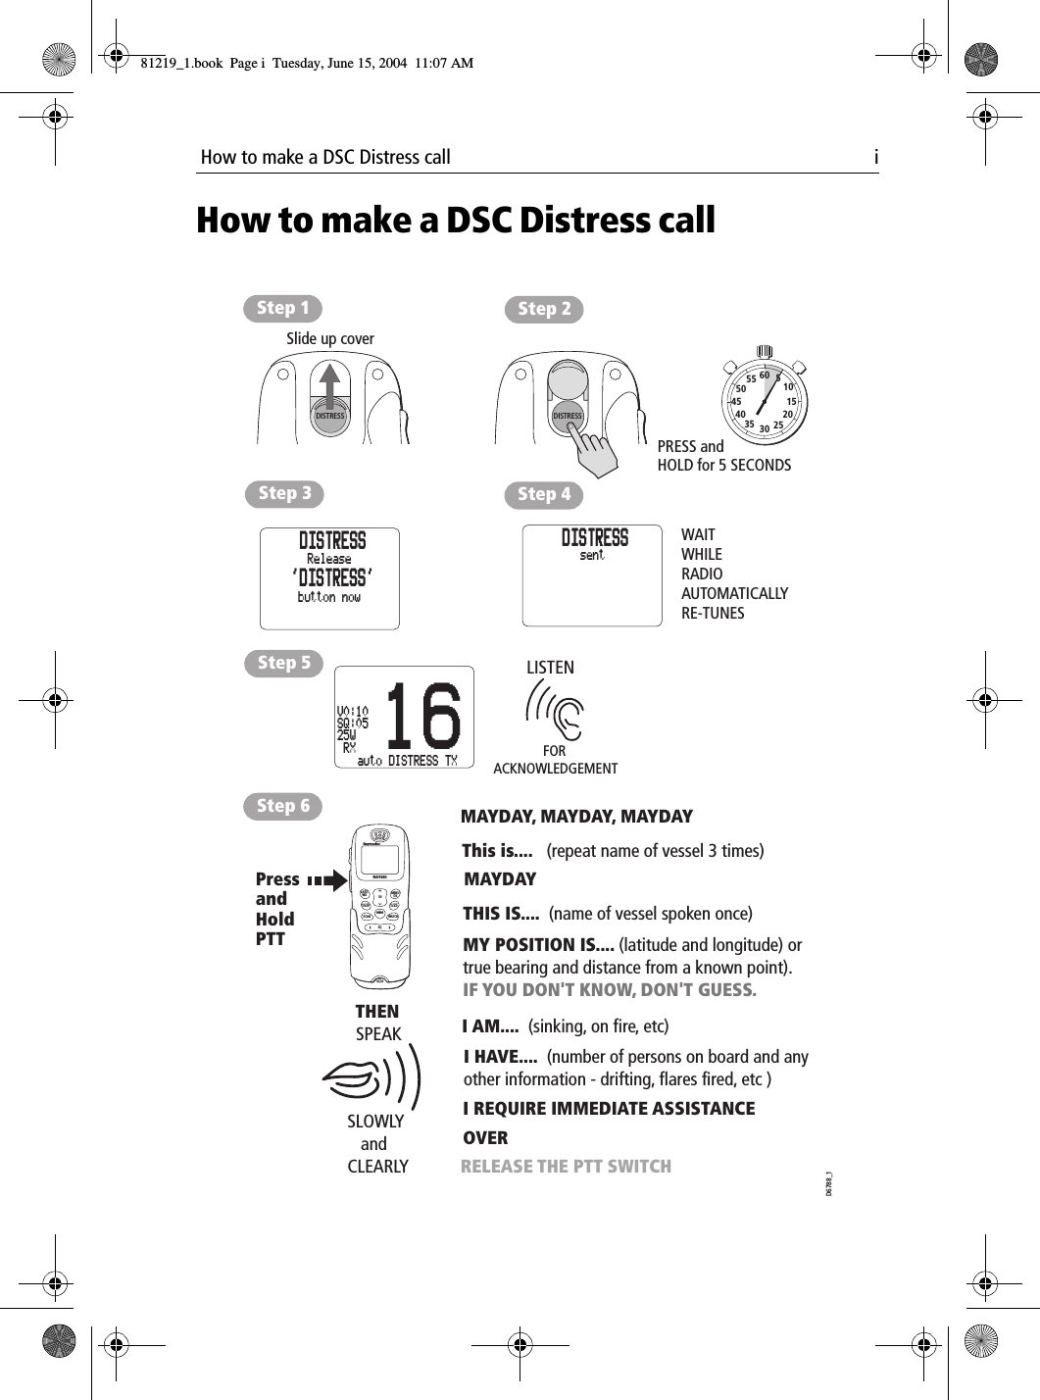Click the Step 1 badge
point(282,308)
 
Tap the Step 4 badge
point(543,495)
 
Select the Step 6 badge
point(282,806)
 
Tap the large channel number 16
point(422,717)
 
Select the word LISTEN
point(550,668)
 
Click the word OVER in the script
point(485,1138)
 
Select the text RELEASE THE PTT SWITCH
point(566,1167)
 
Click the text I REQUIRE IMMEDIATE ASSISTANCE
point(609,1109)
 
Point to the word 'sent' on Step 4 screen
point(592,556)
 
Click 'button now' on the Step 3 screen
point(328,597)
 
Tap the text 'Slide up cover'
point(330,339)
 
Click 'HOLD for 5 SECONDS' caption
point(723,466)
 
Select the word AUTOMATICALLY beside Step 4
point(734,594)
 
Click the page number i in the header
point(875,157)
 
